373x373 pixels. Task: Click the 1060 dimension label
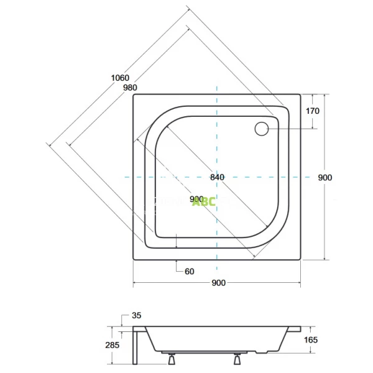coord(120,78)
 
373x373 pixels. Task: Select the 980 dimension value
coord(130,88)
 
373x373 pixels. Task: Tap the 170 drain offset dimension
coord(313,112)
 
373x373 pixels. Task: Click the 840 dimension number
coord(217,177)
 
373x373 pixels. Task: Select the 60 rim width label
coord(190,271)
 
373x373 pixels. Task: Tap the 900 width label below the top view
coord(218,283)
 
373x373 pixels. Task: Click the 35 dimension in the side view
coord(137,316)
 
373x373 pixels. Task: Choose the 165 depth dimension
coord(311,339)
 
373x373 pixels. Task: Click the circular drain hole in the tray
coord(262,129)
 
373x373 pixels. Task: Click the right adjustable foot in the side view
coord(237,359)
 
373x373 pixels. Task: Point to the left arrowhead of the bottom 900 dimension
coord(136,283)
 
